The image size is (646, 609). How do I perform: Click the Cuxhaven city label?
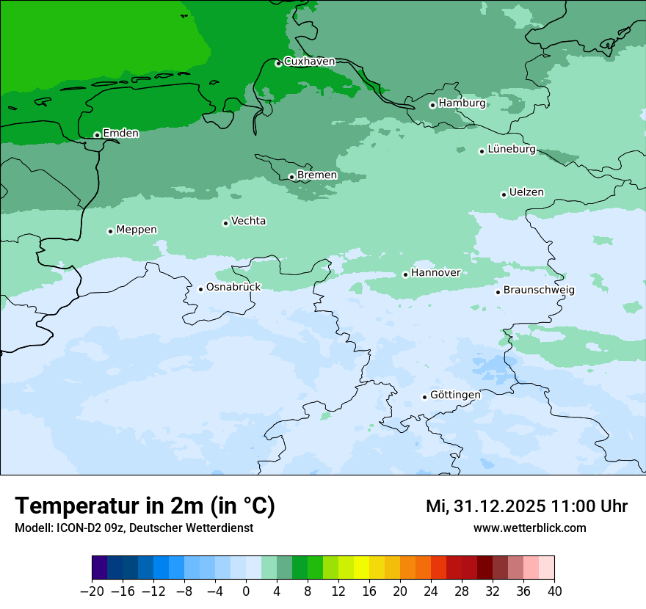point(309,62)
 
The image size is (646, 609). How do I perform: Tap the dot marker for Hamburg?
point(432,105)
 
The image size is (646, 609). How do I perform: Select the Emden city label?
point(120,134)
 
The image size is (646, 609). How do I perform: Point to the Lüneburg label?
point(511,149)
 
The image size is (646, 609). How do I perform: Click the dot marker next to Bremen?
point(291,177)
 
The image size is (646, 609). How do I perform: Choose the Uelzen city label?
point(526,192)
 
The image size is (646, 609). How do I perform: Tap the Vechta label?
point(248,221)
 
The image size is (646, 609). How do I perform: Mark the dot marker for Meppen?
point(110,231)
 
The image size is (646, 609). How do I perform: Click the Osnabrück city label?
point(233,287)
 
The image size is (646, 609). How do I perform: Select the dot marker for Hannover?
point(405,274)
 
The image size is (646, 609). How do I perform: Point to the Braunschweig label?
point(539,290)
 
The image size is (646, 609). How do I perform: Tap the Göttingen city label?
point(455,395)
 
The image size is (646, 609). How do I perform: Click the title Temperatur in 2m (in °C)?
point(145,506)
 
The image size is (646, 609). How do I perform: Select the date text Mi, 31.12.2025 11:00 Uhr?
point(526,506)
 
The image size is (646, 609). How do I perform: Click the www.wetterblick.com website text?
point(529,528)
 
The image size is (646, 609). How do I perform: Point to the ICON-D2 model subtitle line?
point(134,528)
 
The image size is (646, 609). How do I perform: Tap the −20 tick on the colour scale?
point(92,591)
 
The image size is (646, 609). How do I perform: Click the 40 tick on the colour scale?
point(554,591)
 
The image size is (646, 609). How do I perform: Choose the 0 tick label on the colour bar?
point(246,591)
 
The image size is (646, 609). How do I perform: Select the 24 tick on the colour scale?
point(431,591)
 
